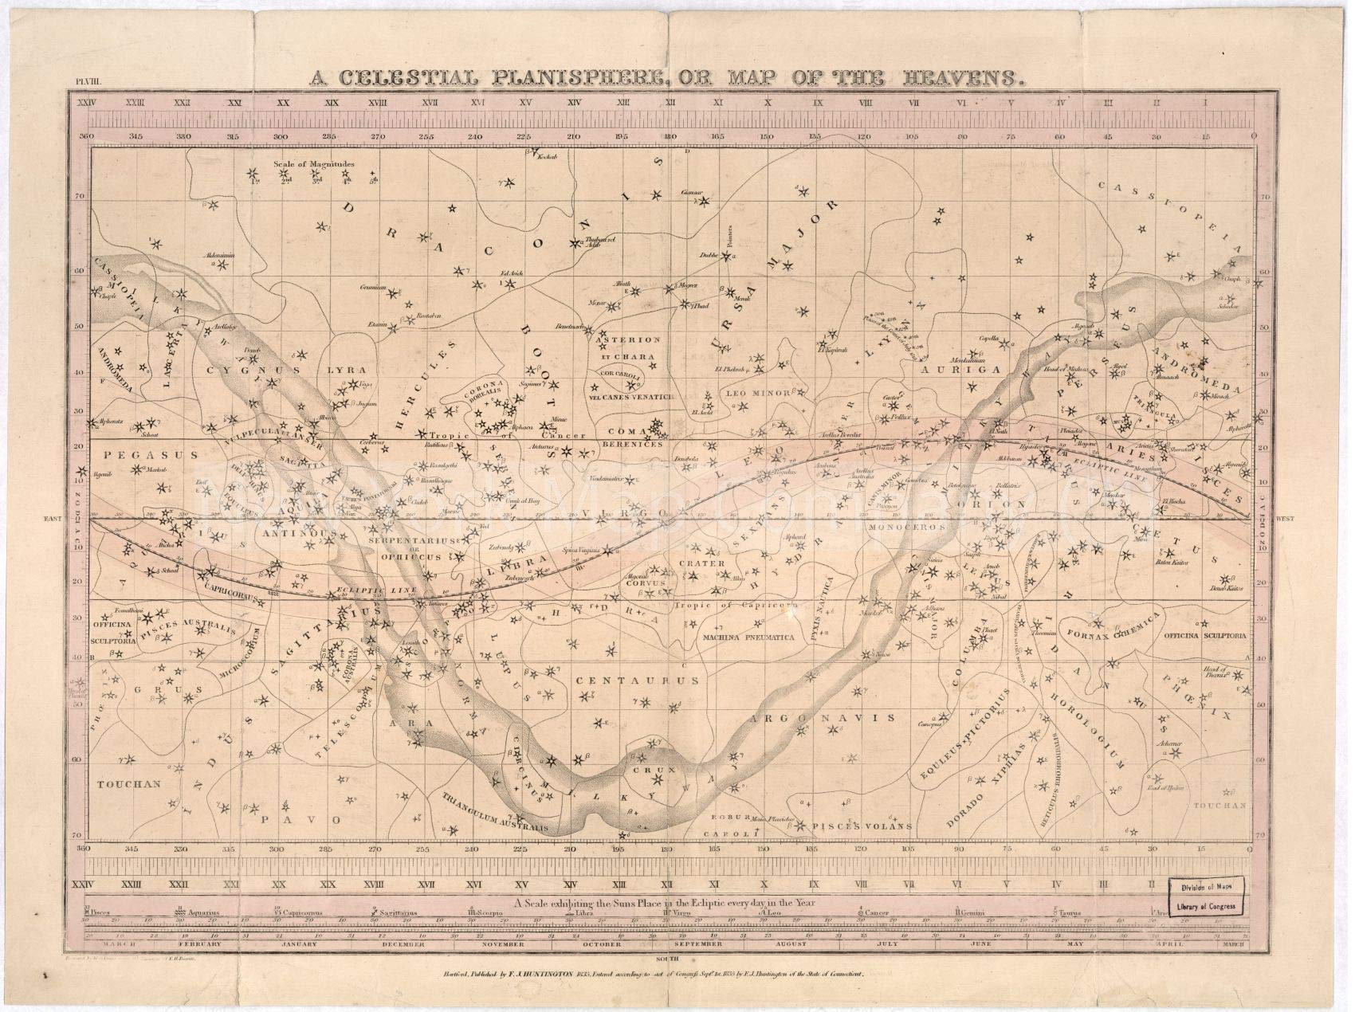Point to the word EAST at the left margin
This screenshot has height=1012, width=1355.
click(53, 519)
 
